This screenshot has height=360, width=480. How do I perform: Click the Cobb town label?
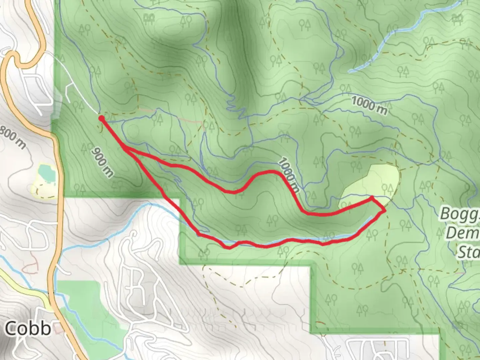click(28, 329)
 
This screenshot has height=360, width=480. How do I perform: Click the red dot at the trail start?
click(101, 118)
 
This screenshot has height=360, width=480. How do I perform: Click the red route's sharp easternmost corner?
click(385, 211)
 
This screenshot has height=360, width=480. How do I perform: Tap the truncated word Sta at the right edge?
click(469, 252)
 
